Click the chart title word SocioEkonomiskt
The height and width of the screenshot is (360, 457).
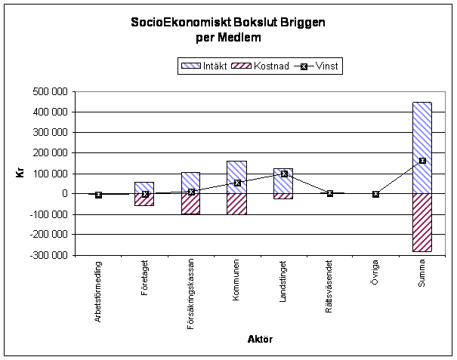point(169,24)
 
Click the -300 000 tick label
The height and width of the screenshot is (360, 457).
point(48,255)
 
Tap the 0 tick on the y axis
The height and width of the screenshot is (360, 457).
point(63,194)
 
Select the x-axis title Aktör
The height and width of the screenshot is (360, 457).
point(260,340)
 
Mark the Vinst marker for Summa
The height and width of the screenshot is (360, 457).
point(422,161)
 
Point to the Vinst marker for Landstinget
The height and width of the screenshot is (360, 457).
point(284,174)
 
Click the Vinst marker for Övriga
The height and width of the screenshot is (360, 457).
point(375,194)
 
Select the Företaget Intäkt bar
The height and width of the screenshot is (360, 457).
point(144,187)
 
